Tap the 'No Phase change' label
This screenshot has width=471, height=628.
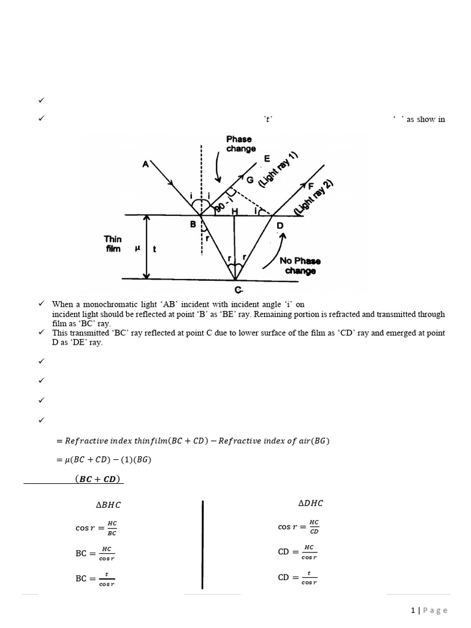tap(300, 266)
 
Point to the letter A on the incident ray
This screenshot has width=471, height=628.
tap(145, 164)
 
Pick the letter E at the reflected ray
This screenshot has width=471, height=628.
tap(266, 159)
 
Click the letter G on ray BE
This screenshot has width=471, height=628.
tap(249, 180)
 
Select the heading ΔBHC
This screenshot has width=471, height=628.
tap(105, 505)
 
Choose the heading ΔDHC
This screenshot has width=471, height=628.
tap(310, 504)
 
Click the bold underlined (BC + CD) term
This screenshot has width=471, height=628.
tap(98, 479)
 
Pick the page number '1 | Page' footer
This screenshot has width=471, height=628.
tap(429, 610)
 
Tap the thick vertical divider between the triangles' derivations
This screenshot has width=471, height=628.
tap(202, 543)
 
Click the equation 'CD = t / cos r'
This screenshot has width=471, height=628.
tap(297, 578)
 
